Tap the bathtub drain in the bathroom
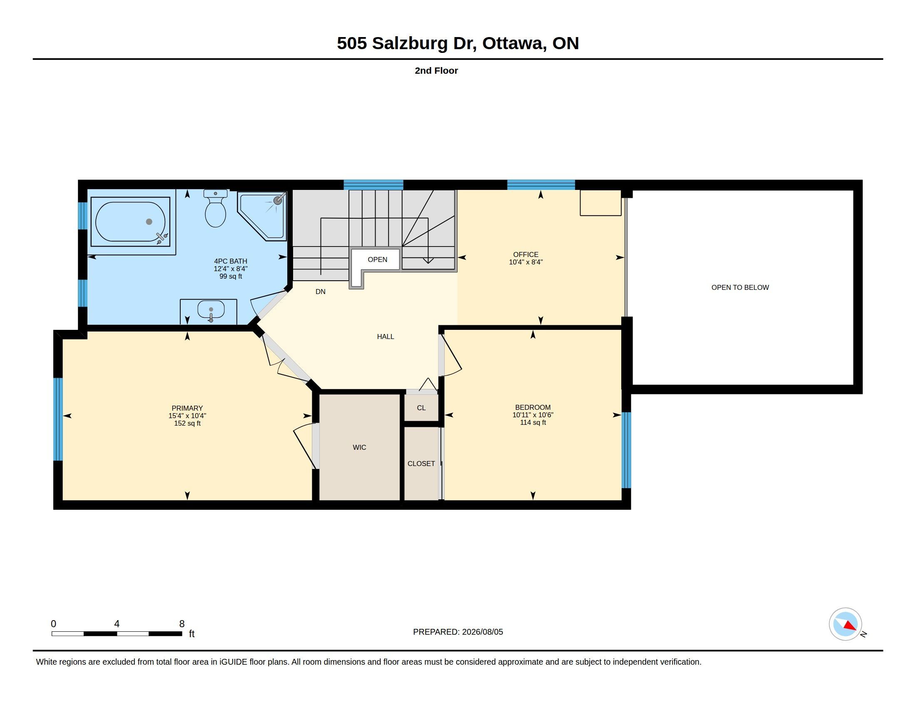click(149, 222)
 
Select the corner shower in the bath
click(262, 216)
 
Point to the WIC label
click(359, 448)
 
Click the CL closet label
click(421, 408)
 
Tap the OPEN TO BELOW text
click(740, 287)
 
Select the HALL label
click(386, 337)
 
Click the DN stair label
click(321, 292)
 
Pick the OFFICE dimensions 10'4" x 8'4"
click(525, 262)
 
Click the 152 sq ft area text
click(187, 423)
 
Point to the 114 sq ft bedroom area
click(533, 422)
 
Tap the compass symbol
click(845, 624)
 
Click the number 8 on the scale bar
click(182, 624)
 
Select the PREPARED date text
click(458, 632)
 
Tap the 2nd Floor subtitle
click(436, 70)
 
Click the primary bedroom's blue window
click(58, 419)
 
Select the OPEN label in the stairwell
click(378, 259)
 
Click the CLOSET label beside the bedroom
click(421, 464)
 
